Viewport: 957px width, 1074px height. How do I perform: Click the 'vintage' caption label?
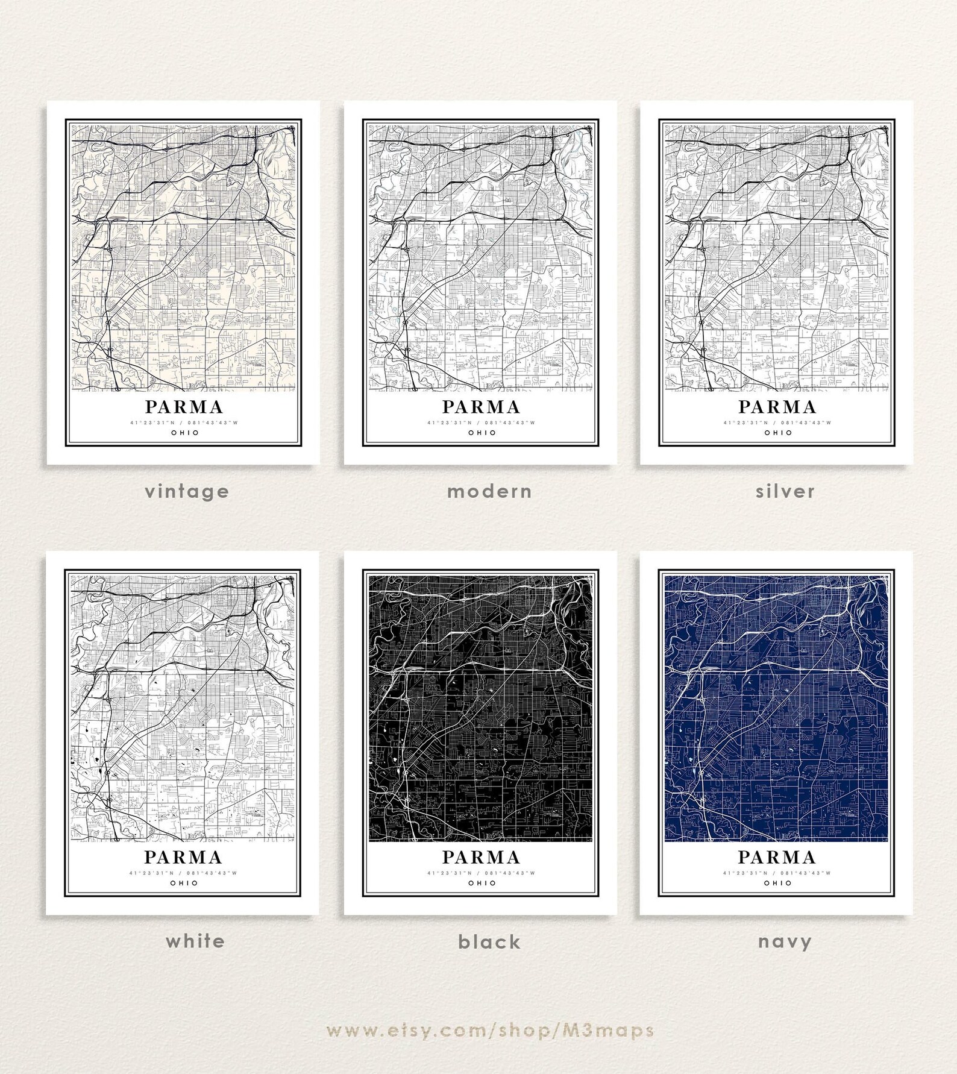coord(187,491)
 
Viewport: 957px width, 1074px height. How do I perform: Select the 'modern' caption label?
coord(489,491)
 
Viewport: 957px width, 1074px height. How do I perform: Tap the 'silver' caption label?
coord(785,491)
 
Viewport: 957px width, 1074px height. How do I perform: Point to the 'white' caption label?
coord(195,941)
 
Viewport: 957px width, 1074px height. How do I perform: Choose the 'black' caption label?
coord(489,941)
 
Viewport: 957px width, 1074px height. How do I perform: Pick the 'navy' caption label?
coord(785,941)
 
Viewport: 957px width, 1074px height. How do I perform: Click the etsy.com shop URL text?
coord(490,1030)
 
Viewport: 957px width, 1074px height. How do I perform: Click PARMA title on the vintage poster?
coord(184,407)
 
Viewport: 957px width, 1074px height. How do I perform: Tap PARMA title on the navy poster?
coord(777,857)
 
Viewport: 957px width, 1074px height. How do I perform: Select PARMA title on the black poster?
coord(481,857)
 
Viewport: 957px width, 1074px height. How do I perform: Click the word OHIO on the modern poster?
coord(482,433)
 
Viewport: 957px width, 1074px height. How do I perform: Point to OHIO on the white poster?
coord(184,883)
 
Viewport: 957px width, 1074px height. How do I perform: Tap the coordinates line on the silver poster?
coord(777,422)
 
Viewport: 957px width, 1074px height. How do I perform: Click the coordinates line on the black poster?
coord(481,873)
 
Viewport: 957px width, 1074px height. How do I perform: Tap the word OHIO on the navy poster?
coord(777,883)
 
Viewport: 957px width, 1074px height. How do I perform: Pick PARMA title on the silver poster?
coord(777,407)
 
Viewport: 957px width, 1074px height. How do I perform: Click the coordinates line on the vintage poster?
coord(184,422)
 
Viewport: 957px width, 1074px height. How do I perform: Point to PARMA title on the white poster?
coord(183,857)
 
